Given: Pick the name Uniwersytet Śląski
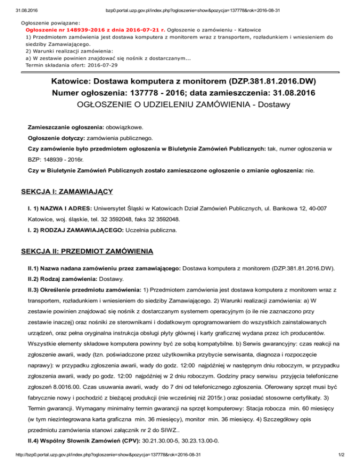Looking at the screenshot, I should coord(120,207).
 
